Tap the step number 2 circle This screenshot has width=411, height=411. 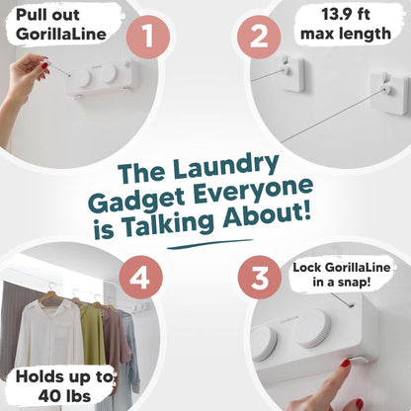(x=259, y=39)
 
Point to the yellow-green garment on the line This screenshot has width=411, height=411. (x=91, y=332)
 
